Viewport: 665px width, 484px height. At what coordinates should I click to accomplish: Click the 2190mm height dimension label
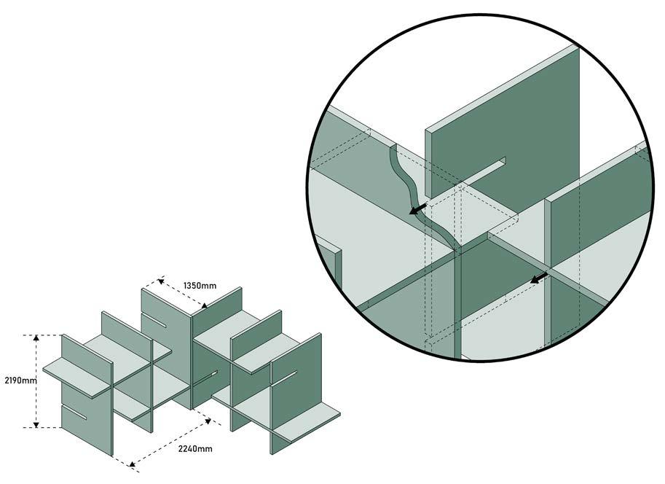21,380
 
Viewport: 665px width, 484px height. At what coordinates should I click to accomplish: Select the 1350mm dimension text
200,285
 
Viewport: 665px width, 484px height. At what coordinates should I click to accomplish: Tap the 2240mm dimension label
195,448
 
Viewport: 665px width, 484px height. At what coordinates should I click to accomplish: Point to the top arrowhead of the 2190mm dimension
36,338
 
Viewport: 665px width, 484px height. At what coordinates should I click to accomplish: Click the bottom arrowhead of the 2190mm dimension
36,423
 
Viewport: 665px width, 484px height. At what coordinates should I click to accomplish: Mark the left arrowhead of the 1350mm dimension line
161,281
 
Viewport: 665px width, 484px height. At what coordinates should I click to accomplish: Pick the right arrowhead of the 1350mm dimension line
204,305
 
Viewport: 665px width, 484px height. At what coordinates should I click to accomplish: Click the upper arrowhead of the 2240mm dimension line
208,421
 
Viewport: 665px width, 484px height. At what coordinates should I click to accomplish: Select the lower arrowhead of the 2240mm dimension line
133,464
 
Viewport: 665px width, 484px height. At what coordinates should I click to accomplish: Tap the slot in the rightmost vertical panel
284,379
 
